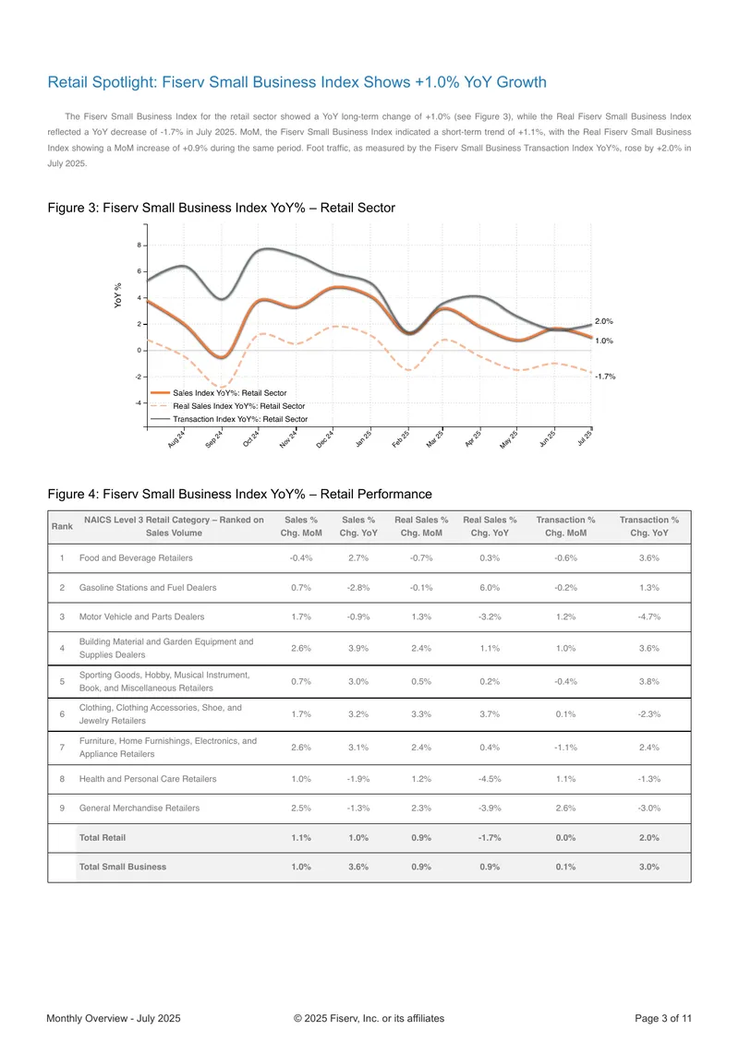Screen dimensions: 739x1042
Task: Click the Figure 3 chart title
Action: (x=221, y=208)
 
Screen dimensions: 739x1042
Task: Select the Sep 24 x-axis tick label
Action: (x=214, y=438)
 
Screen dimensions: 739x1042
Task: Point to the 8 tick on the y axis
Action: (x=139, y=246)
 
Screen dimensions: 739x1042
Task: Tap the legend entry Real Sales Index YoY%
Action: (x=239, y=406)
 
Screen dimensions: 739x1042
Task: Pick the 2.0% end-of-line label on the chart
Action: (x=604, y=321)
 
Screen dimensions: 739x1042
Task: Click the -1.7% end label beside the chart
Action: (x=605, y=377)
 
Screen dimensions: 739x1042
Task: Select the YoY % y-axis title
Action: (x=117, y=295)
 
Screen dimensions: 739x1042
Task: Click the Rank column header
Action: (x=62, y=526)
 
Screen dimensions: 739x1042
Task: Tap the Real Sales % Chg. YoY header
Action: (x=490, y=526)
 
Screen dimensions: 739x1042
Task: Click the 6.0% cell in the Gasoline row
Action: (x=490, y=588)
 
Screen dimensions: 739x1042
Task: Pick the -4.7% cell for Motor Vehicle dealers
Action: (x=649, y=617)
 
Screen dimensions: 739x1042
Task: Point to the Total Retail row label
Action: (x=103, y=837)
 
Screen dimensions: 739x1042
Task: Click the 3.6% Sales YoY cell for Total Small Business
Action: (x=358, y=867)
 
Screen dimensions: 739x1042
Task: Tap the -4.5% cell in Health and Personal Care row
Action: (x=490, y=779)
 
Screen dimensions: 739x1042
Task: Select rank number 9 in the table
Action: (x=62, y=808)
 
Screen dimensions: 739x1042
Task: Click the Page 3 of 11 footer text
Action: (x=663, y=1018)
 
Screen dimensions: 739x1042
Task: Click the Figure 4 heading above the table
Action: (x=239, y=495)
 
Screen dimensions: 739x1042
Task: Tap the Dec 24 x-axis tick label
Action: (x=324, y=438)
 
